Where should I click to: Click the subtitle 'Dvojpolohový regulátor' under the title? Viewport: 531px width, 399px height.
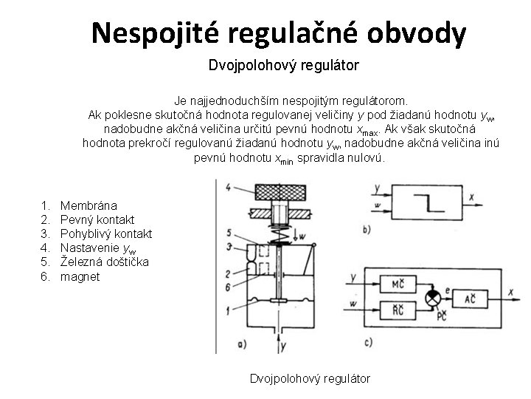[x=283, y=66]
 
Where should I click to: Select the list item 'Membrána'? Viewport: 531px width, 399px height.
[x=88, y=205]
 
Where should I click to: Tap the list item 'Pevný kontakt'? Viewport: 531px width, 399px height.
[x=97, y=219]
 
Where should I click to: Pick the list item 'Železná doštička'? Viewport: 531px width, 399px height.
[x=104, y=262]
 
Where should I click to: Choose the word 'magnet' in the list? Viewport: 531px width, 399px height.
[x=79, y=276]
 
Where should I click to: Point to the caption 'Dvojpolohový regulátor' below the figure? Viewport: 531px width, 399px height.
[x=310, y=379]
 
